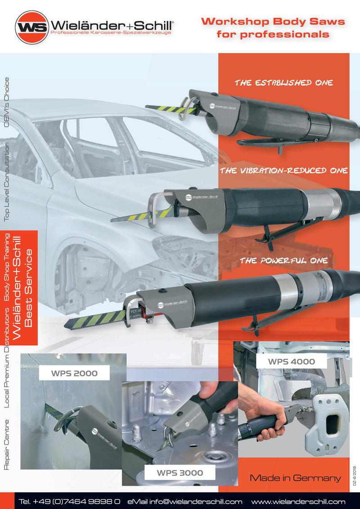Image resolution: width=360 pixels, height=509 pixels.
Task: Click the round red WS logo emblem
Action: [32, 27]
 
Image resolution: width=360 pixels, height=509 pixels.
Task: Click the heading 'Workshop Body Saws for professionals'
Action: [273, 27]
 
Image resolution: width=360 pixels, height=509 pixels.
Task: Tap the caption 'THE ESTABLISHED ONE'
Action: [283, 83]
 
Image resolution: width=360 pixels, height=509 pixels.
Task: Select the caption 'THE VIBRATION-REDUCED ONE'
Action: [283, 170]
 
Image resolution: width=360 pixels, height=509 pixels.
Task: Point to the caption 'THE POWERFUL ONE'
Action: [283, 261]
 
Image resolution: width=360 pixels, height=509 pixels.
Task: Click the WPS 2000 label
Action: [74, 373]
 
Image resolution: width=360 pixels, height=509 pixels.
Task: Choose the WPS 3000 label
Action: [180, 473]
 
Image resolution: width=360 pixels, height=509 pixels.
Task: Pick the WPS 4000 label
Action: [291, 362]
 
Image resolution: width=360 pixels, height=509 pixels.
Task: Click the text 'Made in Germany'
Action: [295, 478]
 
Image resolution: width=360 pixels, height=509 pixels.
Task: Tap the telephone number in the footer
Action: [69, 501]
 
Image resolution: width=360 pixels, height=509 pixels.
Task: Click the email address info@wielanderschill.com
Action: [184, 501]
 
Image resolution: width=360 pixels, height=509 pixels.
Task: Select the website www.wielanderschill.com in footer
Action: [298, 501]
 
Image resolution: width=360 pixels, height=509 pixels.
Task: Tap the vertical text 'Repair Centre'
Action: [6, 445]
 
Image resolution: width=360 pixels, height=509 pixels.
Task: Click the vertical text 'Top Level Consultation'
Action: [6, 182]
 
